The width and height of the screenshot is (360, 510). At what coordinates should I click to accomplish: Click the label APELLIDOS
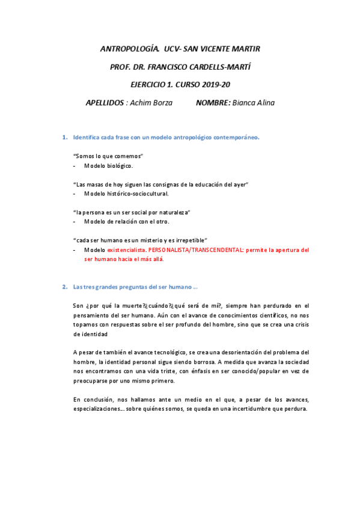105,103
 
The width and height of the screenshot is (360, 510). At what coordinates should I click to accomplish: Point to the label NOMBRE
213,103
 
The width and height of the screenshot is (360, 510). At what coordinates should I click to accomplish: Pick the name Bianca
244,103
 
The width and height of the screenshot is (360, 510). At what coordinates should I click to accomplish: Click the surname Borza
161,103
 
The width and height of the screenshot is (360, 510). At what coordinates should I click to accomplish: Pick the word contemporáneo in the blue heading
236,137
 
